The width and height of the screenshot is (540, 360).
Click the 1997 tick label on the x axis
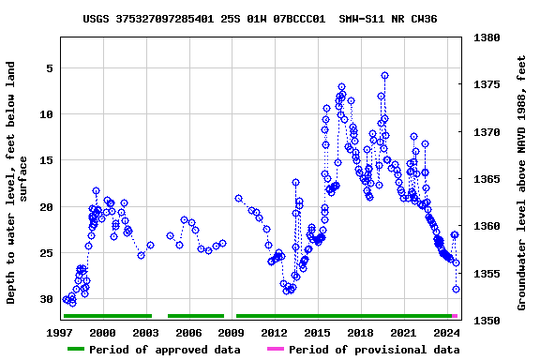(x=60, y=333)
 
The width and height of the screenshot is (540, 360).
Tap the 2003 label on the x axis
(x=145, y=333)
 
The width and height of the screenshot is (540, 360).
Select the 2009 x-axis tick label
(x=232, y=333)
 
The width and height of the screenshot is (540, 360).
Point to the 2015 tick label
(x=318, y=333)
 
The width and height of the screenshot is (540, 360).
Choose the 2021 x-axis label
(x=404, y=333)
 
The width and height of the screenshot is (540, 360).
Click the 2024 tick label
(x=447, y=333)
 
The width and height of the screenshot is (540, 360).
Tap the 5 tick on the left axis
(x=49, y=68)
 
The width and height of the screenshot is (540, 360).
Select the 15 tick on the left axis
(x=45, y=160)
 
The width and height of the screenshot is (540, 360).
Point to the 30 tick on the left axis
(x=45, y=299)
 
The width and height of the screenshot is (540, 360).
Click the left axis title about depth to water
(x=18, y=183)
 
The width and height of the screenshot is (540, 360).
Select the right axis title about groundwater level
(x=522, y=183)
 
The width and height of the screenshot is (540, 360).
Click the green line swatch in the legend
(x=76, y=350)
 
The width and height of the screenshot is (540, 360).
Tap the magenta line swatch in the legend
(x=275, y=350)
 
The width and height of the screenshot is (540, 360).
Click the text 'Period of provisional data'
(x=374, y=350)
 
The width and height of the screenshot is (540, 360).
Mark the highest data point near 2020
(x=384, y=76)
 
